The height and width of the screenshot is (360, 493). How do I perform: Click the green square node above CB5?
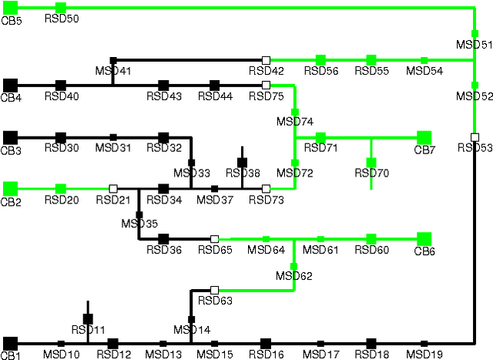10,8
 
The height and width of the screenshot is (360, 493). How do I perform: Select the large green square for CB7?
424,137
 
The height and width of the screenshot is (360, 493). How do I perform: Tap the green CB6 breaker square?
424,239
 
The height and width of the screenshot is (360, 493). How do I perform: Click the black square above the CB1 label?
10,343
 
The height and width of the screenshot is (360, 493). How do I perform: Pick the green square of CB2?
10,188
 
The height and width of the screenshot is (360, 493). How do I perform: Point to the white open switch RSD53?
475,137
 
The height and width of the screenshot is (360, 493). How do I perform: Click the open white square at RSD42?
266,59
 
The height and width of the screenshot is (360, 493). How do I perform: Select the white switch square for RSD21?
113,188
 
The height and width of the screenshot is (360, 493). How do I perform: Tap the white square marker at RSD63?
215,291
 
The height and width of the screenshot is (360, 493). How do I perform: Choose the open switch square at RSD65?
215,239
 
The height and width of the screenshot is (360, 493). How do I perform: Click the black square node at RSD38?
242,163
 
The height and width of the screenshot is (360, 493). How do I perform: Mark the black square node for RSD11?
88,318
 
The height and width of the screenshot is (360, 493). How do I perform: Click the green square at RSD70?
371,163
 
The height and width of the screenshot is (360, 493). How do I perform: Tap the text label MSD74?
295,122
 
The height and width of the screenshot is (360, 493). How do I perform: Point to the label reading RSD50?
61,19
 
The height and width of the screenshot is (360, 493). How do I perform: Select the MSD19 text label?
424,354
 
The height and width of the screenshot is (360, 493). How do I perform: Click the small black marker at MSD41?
113,59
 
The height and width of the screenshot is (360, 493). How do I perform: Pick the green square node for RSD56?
320,59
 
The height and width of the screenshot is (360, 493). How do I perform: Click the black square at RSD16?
266,343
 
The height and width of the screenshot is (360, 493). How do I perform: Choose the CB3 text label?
11,150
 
